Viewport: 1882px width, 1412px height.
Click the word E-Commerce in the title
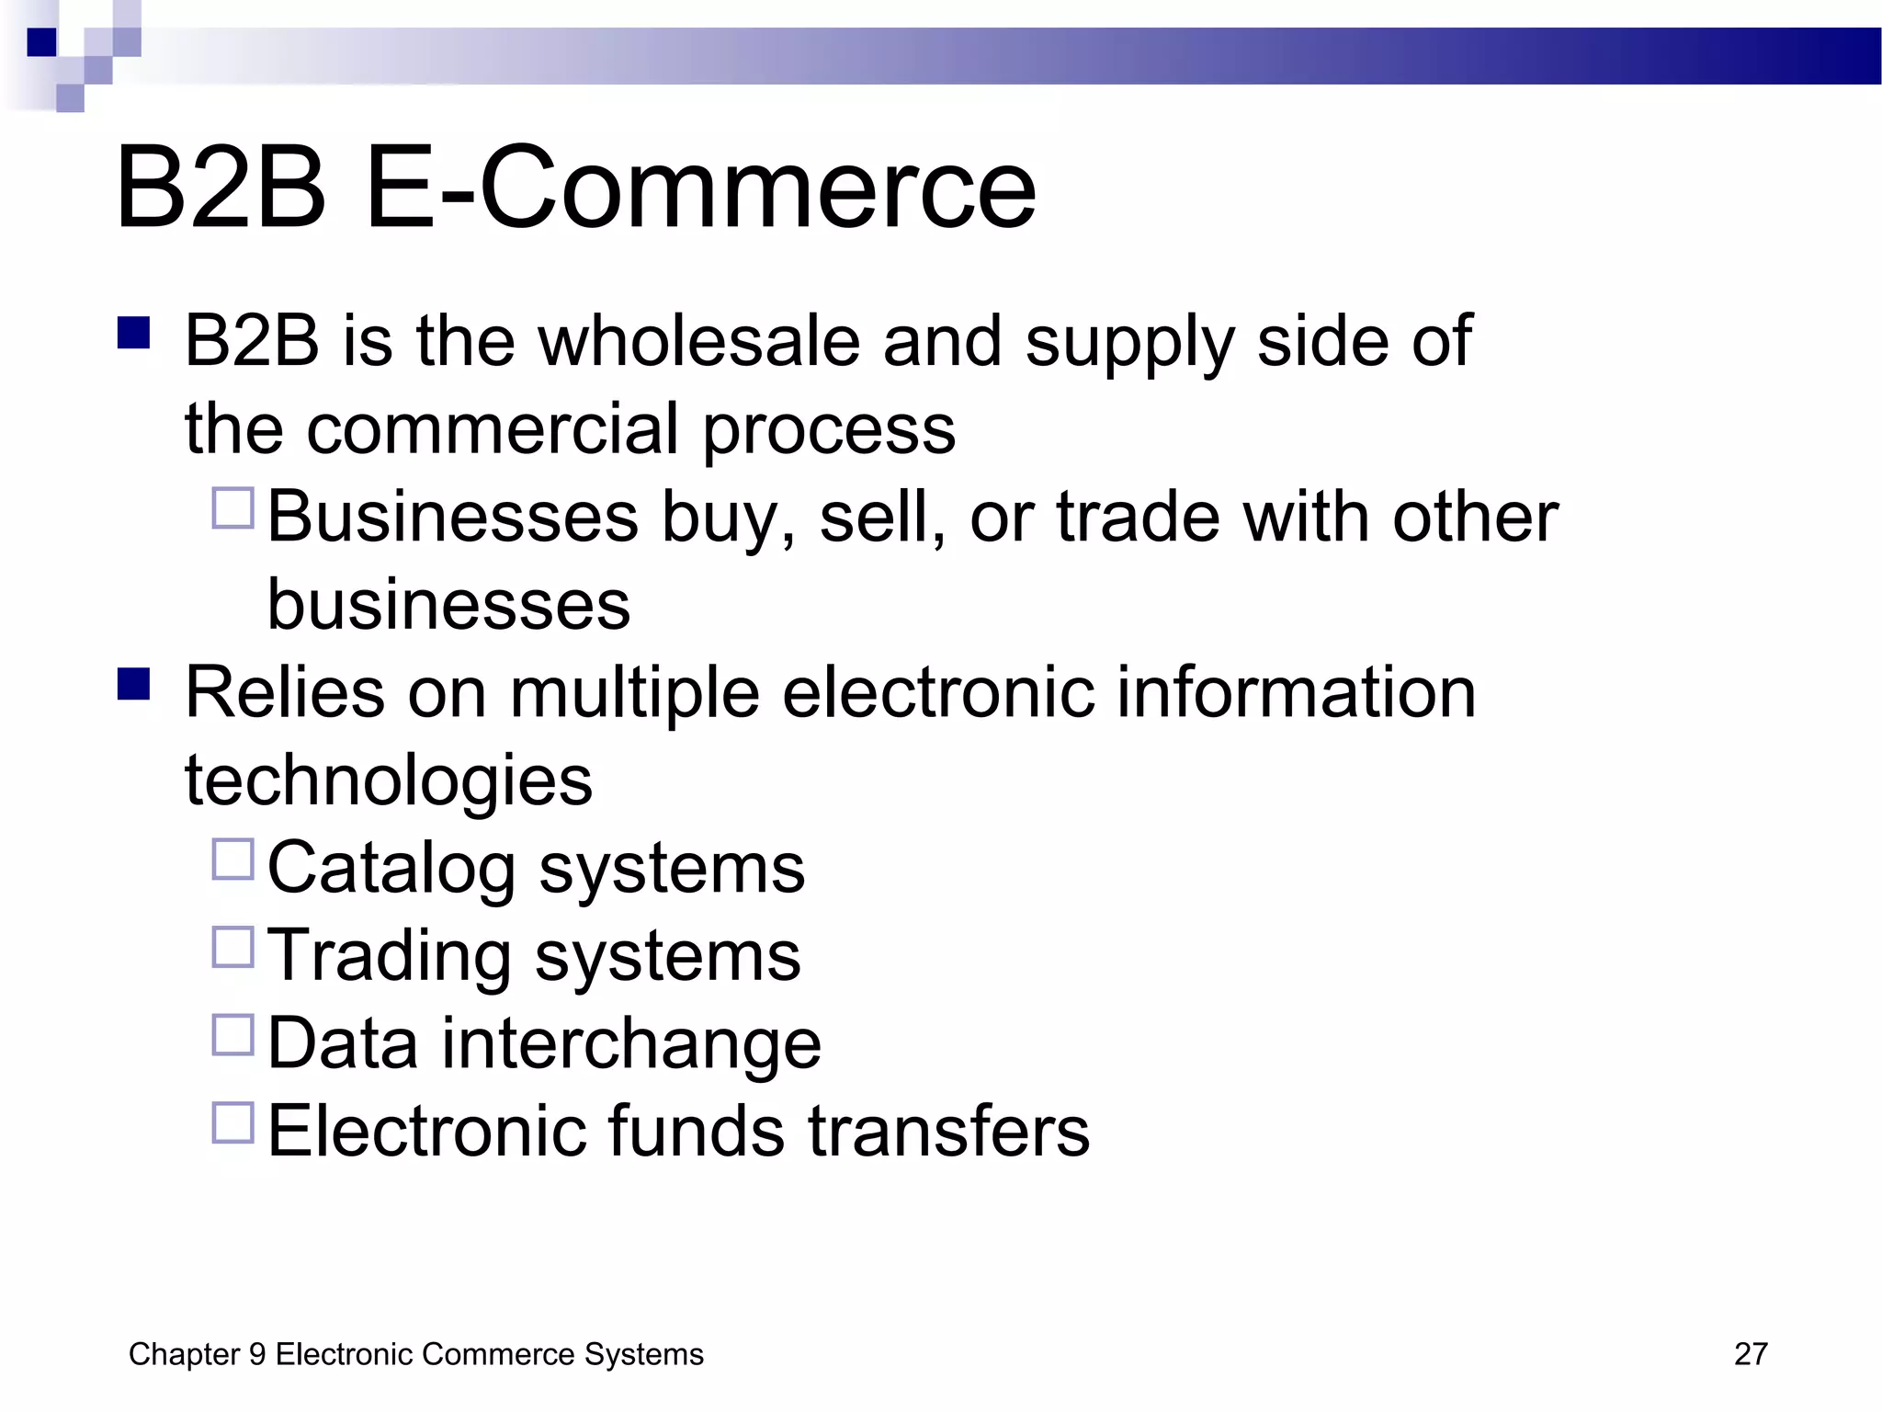click(x=700, y=189)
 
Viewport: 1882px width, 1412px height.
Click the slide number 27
click(x=1750, y=1354)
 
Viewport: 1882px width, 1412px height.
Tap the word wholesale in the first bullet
click(x=698, y=342)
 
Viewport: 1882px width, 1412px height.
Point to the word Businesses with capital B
click(x=452, y=517)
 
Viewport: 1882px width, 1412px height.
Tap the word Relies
click(x=285, y=692)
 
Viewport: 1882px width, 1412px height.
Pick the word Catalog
click(x=391, y=869)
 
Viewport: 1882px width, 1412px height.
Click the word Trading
click(x=390, y=957)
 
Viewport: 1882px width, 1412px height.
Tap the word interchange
click(x=632, y=1043)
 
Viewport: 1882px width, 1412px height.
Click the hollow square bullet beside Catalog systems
click(x=232, y=860)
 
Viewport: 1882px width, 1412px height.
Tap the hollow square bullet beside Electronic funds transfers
click(x=232, y=1122)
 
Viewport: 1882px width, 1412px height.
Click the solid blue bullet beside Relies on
click(x=134, y=684)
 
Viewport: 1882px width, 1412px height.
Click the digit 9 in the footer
click(x=257, y=1354)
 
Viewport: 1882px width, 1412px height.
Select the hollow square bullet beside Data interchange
click(x=232, y=1035)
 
